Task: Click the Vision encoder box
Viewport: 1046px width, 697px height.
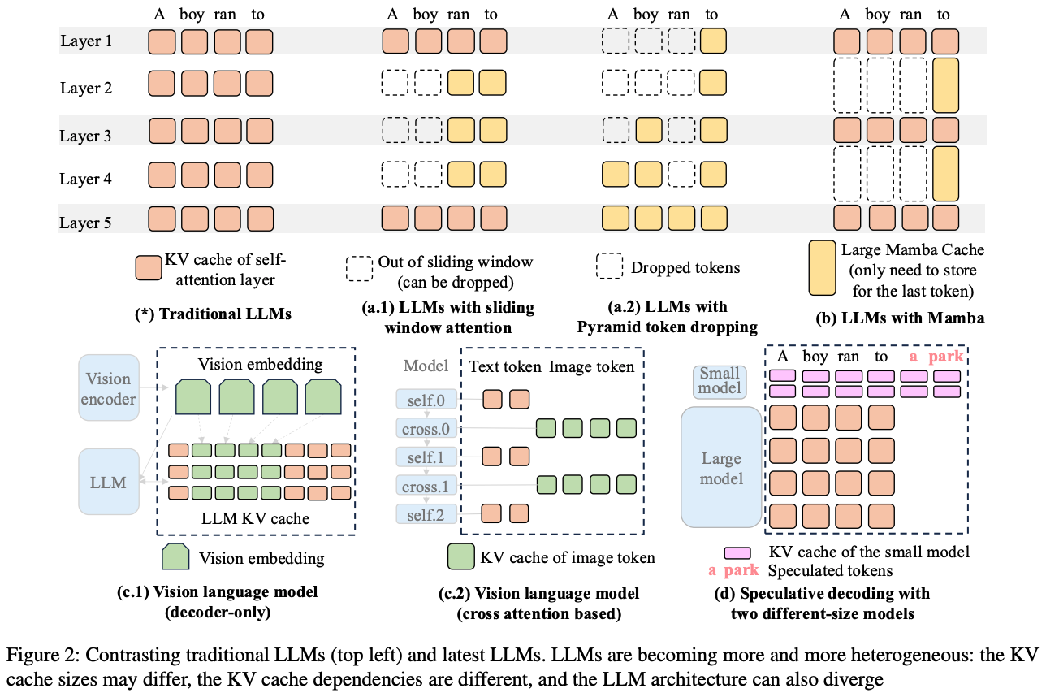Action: click(x=108, y=387)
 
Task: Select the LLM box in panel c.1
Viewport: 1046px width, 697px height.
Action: click(x=108, y=483)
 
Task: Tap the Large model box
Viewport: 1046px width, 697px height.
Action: click(x=721, y=467)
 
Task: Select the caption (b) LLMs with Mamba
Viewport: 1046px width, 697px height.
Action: click(x=900, y=318)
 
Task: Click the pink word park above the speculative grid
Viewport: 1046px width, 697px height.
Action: click(x=948, y=356)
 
